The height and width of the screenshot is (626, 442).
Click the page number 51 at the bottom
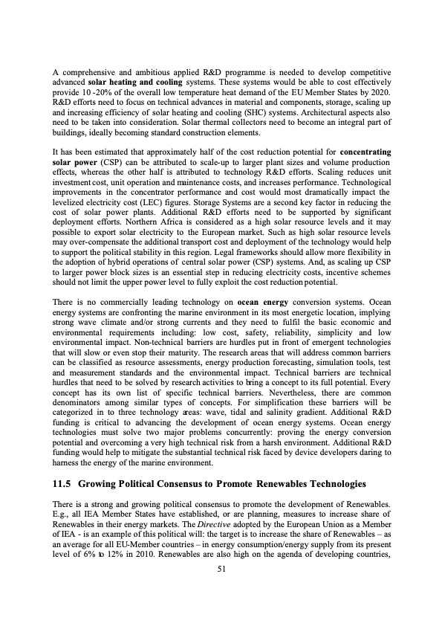[x=221, y=569]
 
